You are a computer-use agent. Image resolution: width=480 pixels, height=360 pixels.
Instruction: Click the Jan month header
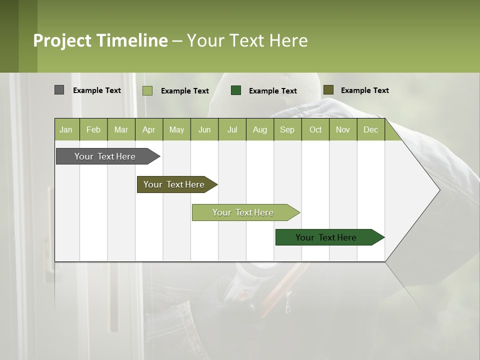point(66,129)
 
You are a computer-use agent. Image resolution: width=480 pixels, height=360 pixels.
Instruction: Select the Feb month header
point(93,129)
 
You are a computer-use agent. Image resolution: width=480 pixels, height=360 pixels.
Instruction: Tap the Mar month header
point(121,129)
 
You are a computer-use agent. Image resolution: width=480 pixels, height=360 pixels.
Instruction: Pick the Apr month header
point(149,129)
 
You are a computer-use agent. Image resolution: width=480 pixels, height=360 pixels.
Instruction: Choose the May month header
point(176,129)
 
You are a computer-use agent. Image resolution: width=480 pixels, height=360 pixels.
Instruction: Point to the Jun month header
point(204,129)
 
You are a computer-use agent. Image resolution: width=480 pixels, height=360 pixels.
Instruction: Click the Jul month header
point(232,129)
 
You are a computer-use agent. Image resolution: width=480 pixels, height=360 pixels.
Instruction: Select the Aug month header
point(260,129)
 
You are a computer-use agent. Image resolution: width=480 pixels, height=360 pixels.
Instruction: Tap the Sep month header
point(287,129)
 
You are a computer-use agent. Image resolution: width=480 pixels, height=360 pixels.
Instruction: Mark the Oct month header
point(315,129)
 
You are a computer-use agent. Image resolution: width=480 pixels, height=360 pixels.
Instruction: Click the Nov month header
point(343,129)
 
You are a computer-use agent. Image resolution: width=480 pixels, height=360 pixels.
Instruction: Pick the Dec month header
point(371,129)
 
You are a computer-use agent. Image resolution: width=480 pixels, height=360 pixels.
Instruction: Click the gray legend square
point(59,90)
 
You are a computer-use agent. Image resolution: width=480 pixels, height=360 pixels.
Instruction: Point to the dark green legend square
point(236,90)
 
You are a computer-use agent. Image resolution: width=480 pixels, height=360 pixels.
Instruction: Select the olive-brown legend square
point(328,90)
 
